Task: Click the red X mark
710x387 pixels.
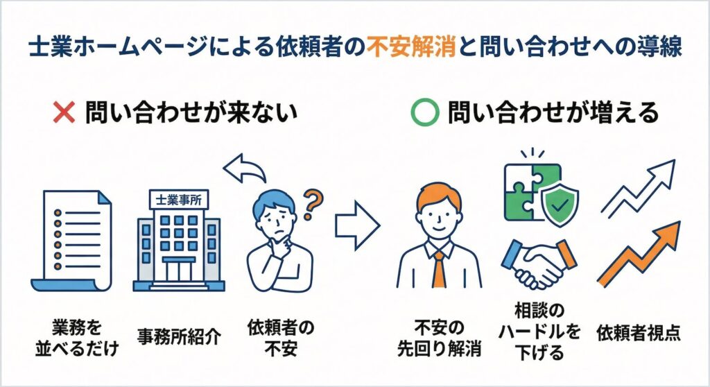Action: [64, 112]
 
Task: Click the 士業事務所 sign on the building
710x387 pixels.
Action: [177, 200]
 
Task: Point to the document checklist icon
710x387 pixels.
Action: [71, 242]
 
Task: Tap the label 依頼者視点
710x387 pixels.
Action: [639, 332]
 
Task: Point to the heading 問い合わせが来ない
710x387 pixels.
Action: [191, 112]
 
